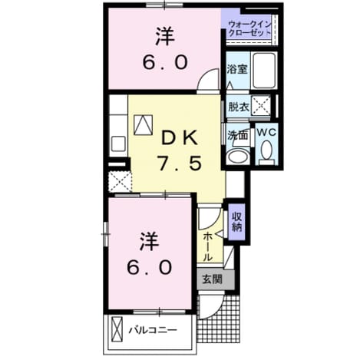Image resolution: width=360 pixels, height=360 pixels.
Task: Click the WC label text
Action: tap(266, 132)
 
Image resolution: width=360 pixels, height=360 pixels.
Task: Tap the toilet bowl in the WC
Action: tap(266, 150)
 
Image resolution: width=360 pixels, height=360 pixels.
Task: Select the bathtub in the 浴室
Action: tap(264, 71)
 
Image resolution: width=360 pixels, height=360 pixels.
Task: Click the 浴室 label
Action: tap(237, 70)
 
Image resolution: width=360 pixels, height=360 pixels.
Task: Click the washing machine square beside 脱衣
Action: tap(260, 105)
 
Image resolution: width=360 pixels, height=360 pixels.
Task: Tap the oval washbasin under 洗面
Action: tap(239, 156)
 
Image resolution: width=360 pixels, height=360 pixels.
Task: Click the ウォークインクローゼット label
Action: tap(249, 29)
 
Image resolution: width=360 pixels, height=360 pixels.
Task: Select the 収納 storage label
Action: tap(236, 222)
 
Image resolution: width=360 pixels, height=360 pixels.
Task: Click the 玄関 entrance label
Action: tap(213, 279)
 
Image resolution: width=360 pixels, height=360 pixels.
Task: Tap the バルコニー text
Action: tap(153, 330)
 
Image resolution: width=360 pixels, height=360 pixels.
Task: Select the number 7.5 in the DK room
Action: tap(179, 163)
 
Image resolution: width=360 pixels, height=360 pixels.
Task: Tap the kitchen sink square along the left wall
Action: tap(118, 144)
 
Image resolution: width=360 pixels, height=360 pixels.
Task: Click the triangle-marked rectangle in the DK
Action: tap(144, 125)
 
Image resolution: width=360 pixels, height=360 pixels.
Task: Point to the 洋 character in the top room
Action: tap(165, 37)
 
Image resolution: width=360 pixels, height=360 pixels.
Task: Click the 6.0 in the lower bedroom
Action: tap(150, 267)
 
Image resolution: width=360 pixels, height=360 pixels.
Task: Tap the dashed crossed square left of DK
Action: tap(120, 182)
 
